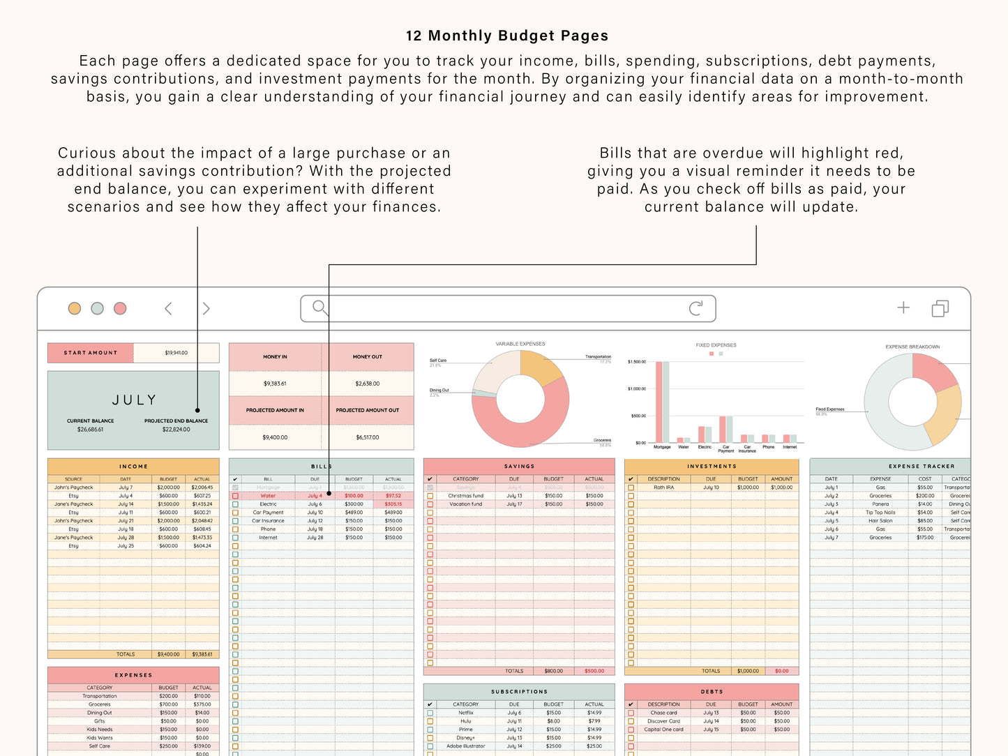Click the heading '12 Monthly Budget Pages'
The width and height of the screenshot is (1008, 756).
506,36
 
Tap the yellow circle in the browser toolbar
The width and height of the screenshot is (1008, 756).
75,308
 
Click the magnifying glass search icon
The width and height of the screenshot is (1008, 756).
319,308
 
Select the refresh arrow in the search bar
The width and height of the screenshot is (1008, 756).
695,308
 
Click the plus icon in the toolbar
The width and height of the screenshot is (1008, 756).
903,308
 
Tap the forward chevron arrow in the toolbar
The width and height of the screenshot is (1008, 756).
206,308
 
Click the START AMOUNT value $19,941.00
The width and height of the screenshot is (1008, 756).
176,353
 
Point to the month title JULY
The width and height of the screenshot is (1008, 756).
134,400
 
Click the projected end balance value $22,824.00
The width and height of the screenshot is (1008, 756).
176,430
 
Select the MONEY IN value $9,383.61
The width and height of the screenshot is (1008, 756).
275,384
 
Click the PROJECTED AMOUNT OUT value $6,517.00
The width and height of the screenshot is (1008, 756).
367,437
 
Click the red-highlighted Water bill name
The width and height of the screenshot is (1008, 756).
268,496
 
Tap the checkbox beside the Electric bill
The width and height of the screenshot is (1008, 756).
235,504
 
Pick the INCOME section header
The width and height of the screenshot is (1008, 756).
133,466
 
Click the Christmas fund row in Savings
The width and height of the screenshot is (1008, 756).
465,496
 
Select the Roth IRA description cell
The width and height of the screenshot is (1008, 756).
663,487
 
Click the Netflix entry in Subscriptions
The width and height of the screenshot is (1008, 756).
465,713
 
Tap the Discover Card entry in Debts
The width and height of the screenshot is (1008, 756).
663,721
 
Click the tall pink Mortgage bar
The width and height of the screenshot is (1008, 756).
658,402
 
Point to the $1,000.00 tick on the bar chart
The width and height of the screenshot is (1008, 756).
637,389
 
